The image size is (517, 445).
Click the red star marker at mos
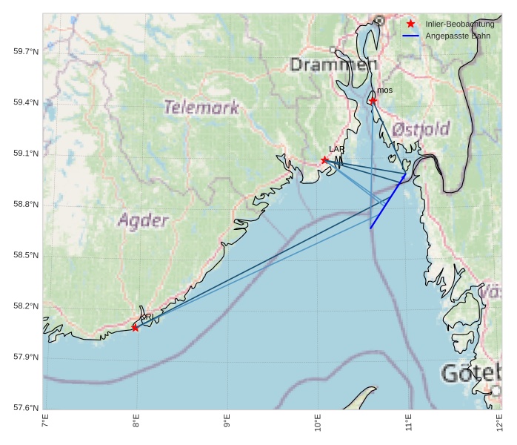point(373,100)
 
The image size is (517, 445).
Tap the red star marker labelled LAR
point(324,160)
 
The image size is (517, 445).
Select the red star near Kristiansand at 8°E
point(135,327)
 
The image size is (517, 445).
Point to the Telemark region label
point(201,108)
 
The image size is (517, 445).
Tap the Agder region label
point(143,220)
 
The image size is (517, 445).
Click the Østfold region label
point(421,128)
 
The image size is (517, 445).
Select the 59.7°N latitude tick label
point(26,51)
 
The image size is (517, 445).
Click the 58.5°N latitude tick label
point(26,255)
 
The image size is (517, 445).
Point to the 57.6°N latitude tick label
point(26,408)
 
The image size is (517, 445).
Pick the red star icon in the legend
point(411,24)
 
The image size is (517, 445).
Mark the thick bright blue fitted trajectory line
point(386,203)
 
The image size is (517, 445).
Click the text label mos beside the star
point(384,90)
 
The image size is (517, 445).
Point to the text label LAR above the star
point(336,149)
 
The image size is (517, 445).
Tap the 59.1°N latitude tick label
point(26,154)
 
